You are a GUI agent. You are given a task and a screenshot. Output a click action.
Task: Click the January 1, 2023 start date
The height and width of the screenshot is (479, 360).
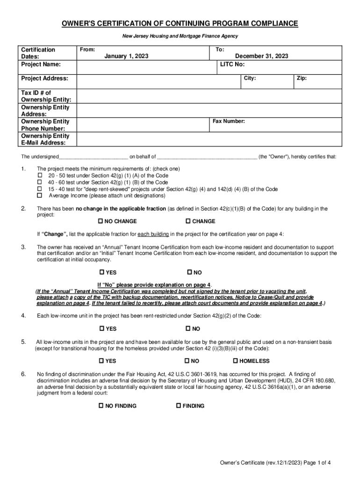click(x=126, y=56)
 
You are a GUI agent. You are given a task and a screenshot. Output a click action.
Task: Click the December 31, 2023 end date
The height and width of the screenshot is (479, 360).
click(x=261, y=56)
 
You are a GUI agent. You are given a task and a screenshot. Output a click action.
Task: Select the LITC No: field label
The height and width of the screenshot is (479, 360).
click(x=232, y=65)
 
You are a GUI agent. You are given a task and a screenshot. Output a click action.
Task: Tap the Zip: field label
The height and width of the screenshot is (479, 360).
click(x=302, y=78)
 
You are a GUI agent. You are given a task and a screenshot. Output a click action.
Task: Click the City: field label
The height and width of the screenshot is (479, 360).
click(x=250, y=78)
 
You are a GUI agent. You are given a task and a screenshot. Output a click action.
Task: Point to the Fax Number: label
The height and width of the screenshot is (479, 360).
click(x=229, y=121)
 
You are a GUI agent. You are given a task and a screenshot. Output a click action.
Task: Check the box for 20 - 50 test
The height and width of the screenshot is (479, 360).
click(x=40, y=175)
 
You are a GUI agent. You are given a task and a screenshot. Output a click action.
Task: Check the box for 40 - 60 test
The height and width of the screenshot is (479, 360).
click(x=40, y=182)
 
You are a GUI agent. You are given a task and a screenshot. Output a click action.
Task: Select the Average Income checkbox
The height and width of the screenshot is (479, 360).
click(x=40, y=196)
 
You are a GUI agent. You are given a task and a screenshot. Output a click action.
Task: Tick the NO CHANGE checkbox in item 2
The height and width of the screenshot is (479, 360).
click(x=101, y=221)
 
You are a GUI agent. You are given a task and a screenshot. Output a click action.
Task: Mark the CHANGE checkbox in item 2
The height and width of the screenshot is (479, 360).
click(x=188, y=221)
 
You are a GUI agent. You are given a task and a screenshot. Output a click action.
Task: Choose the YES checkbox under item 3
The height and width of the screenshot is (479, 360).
click(x=102, y=272)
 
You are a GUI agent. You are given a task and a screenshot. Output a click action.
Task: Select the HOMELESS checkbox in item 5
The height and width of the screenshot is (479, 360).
click(x=236, y=361)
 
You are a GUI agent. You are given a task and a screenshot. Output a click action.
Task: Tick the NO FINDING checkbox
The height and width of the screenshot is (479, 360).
click(x=101, y=406)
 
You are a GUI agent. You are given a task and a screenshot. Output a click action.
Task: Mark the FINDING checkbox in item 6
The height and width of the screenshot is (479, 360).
click(x=178, y=406)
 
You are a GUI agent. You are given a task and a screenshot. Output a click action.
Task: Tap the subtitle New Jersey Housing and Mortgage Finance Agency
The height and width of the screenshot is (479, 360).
click(x=180, y=36)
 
